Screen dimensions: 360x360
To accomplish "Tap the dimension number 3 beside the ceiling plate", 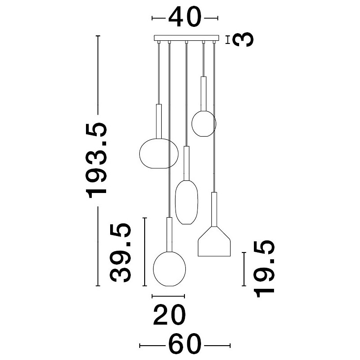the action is pos(243,39).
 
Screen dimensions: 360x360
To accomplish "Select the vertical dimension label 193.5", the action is pos(96,160).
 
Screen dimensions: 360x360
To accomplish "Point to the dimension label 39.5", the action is pos(120,253).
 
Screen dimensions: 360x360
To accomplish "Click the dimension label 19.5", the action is pos(264,269).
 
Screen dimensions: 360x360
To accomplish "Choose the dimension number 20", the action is pos(169,315).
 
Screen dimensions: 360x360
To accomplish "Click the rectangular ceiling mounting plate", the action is pos(186,38).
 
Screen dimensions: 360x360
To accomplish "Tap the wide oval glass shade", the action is pos(159,154).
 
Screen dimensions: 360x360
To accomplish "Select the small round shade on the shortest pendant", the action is pos(204,124).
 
